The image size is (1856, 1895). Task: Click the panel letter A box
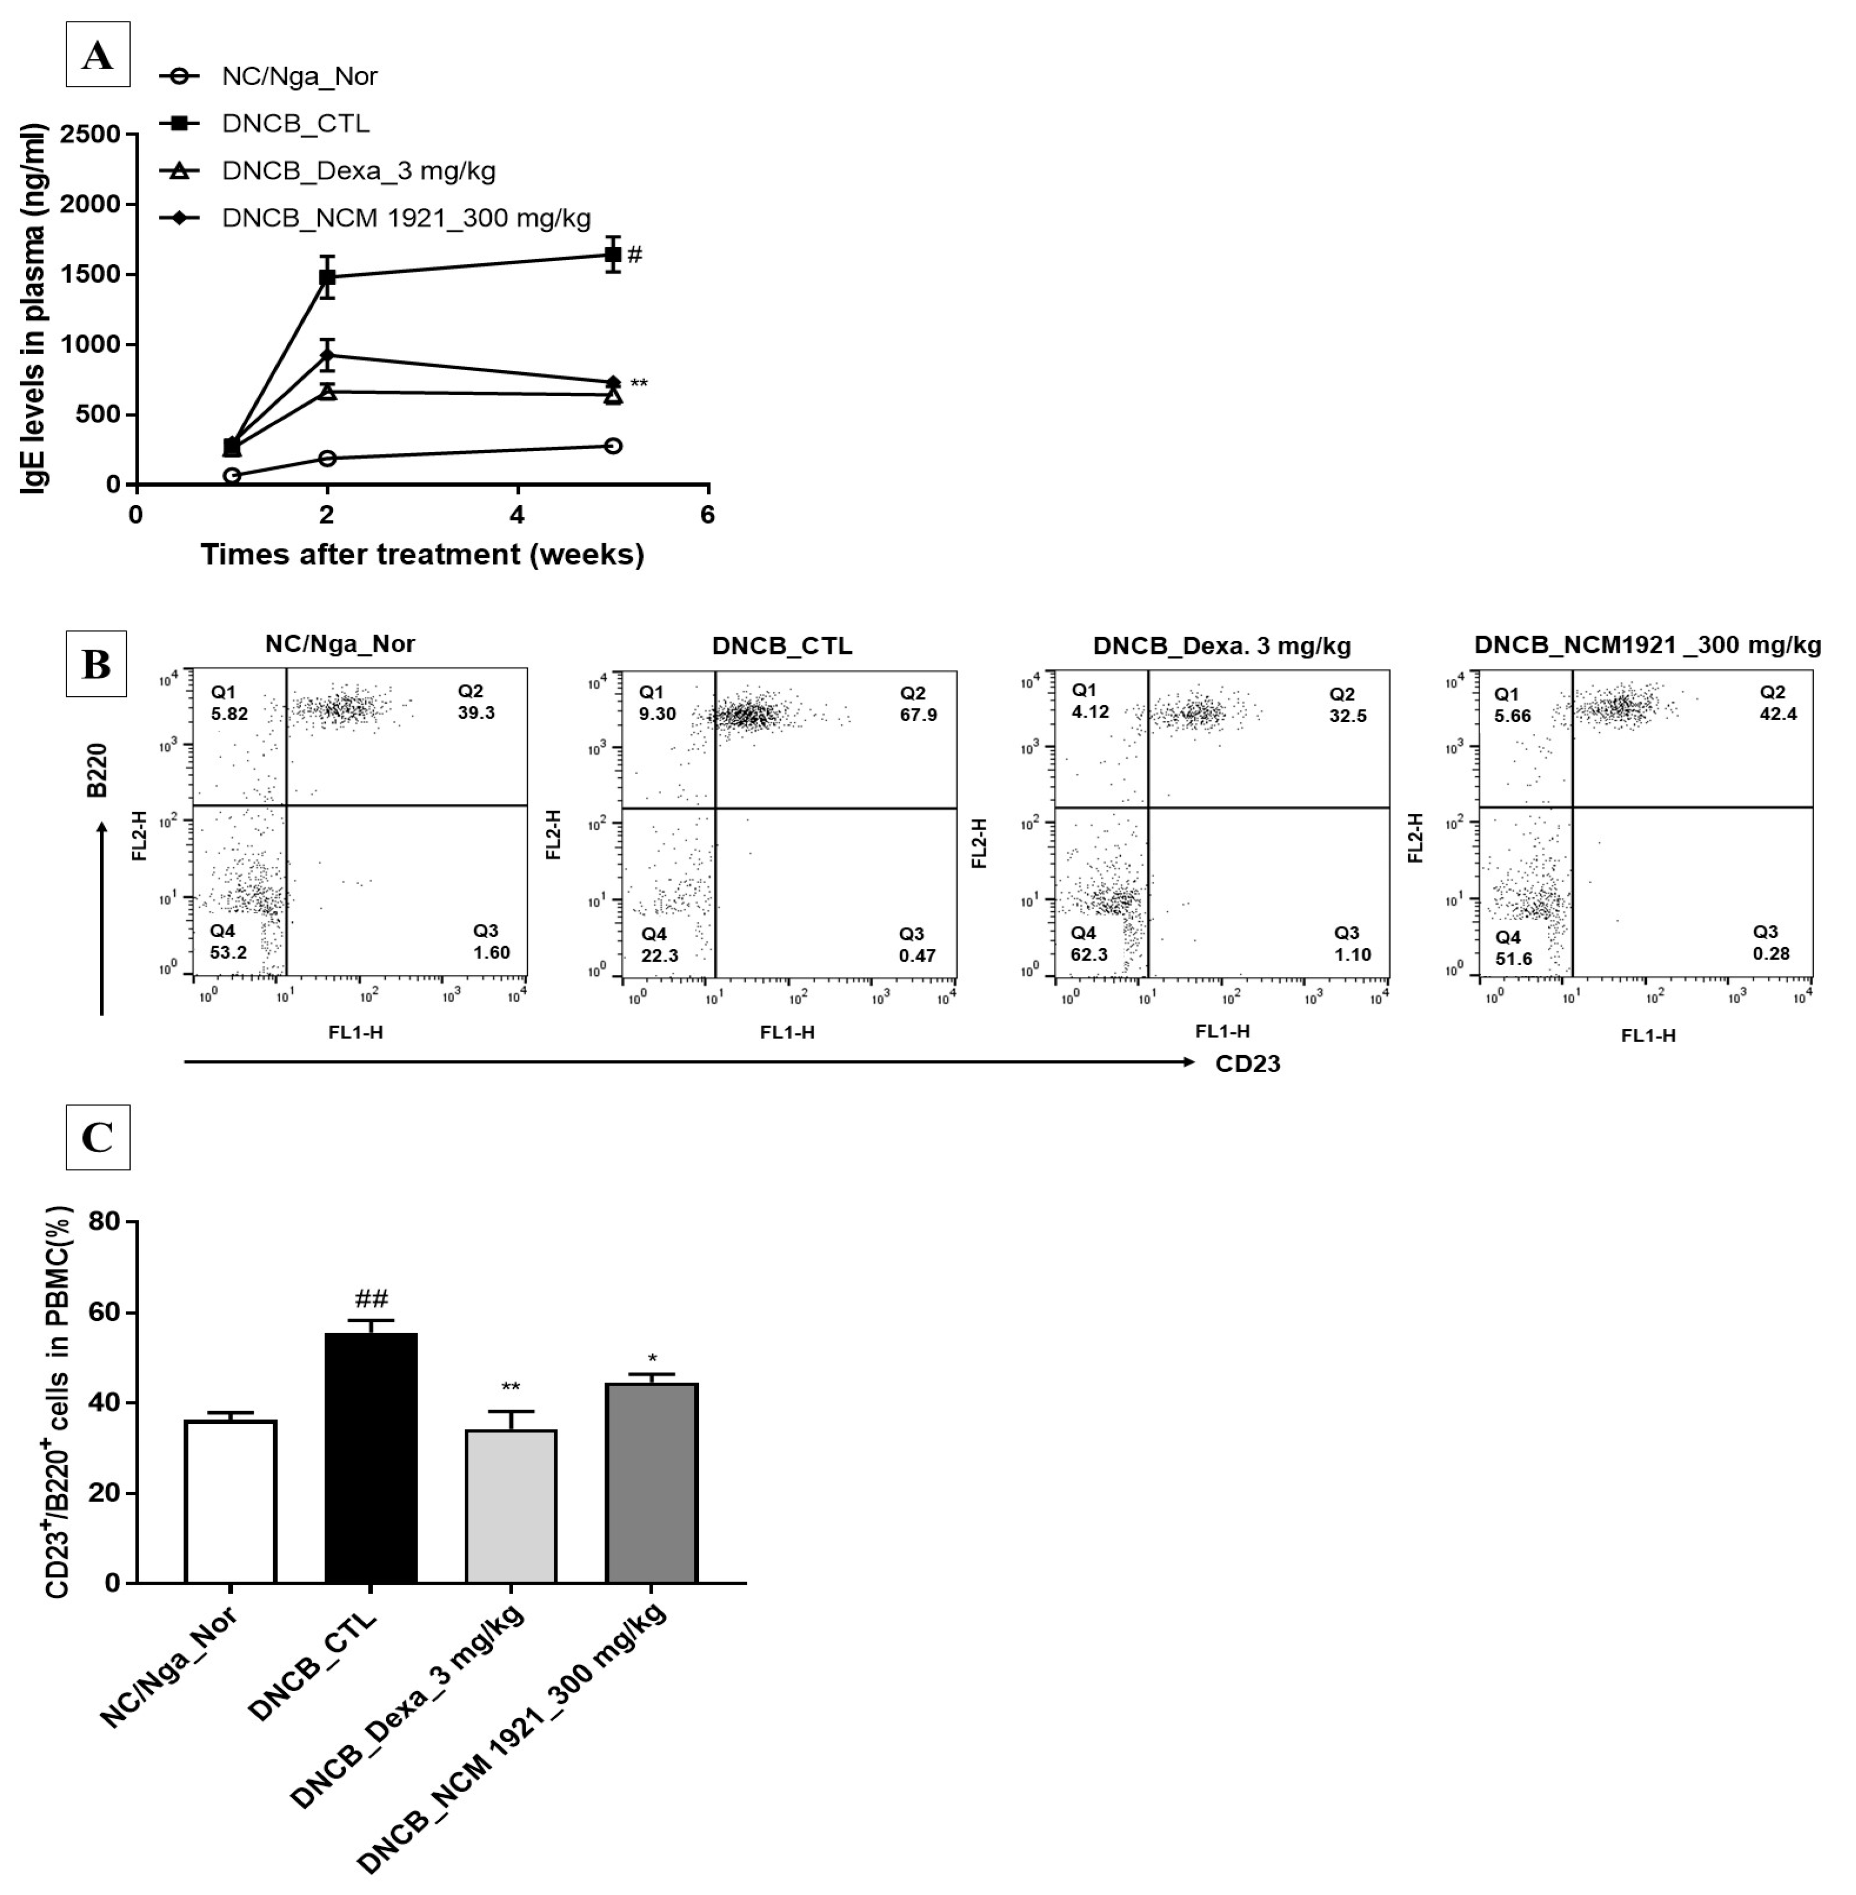click(x=97, y=55)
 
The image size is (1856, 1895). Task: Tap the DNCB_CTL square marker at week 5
click(x=612, y=255)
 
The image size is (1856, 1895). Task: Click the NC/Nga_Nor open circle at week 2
click(x=328, y=458)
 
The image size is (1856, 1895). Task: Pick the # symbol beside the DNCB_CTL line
click(x=635, y=255)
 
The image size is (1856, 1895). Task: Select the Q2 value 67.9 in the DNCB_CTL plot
click(x=918, y=714)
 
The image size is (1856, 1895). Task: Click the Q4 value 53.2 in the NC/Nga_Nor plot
click(x=228, y=953)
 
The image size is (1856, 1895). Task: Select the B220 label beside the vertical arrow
click(x=96, y=770)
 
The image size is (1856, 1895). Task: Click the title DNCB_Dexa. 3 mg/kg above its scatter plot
click(x=1221, y=645)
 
